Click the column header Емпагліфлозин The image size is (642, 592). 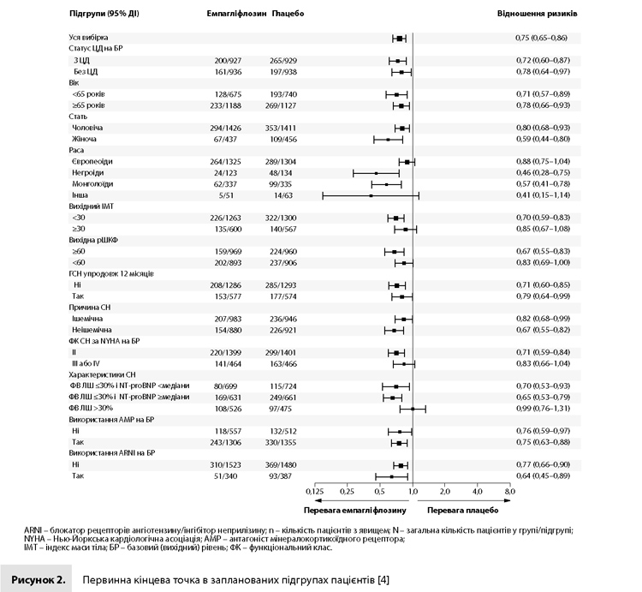236,14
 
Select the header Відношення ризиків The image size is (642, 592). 538,14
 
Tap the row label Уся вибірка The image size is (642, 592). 88,38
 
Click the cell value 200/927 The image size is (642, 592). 228,61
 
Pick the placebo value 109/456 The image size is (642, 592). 283,140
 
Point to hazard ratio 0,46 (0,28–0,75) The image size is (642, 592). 543,172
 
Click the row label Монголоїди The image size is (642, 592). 92,184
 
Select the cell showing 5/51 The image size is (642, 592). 226,195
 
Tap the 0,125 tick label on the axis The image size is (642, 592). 314,491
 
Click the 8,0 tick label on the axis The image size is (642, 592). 510,491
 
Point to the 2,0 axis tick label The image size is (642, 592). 445,491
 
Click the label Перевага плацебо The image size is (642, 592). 462,511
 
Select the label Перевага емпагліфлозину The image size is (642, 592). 355,511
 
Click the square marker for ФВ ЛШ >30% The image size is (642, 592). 413,409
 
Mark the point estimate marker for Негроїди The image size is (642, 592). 377,173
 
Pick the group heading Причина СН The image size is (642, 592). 90,308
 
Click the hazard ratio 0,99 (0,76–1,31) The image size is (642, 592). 543,409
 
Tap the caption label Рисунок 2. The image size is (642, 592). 39,580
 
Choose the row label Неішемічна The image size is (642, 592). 92,330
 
